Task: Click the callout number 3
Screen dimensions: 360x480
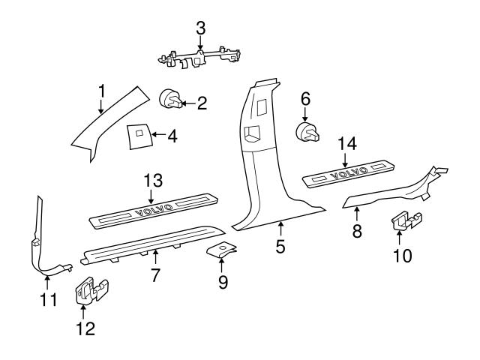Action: (x=200, y=28)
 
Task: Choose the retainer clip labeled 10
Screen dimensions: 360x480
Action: (x=405, y=223)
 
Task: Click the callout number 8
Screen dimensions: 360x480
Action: (x=357, y=231)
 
